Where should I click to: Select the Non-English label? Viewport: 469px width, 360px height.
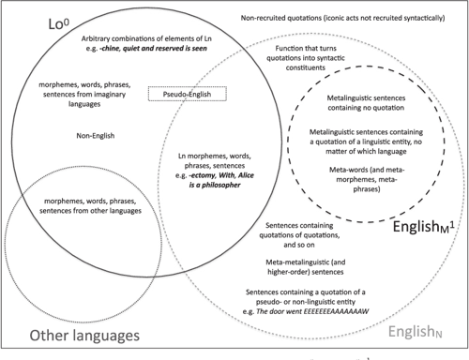[96, 136]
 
